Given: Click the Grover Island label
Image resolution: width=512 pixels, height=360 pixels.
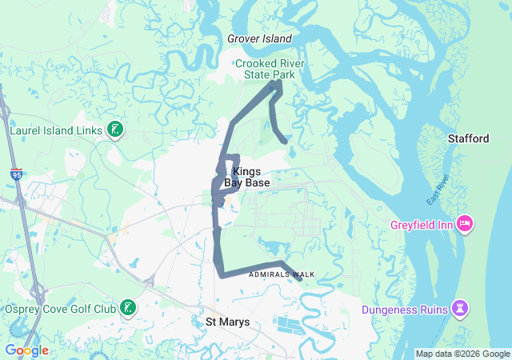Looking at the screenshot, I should (259, 38).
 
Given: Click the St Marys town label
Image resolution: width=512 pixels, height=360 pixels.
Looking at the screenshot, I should (228, 322).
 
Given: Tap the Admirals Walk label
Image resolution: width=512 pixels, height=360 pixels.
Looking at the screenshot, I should (282, 274).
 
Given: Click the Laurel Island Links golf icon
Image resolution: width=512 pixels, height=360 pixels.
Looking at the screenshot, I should (115, 129).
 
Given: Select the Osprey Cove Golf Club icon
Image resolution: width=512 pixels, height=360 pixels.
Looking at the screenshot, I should (128, 307).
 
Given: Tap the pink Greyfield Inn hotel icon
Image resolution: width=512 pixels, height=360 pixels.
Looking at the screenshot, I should (463, 222).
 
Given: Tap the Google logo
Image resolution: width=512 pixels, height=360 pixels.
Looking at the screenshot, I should (26, 350).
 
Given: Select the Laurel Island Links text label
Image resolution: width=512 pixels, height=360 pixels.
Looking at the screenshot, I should (54, 129).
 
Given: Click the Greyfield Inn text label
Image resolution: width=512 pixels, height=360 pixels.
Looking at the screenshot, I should (422, 225).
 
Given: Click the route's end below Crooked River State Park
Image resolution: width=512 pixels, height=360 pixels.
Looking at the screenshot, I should (285, 142).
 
